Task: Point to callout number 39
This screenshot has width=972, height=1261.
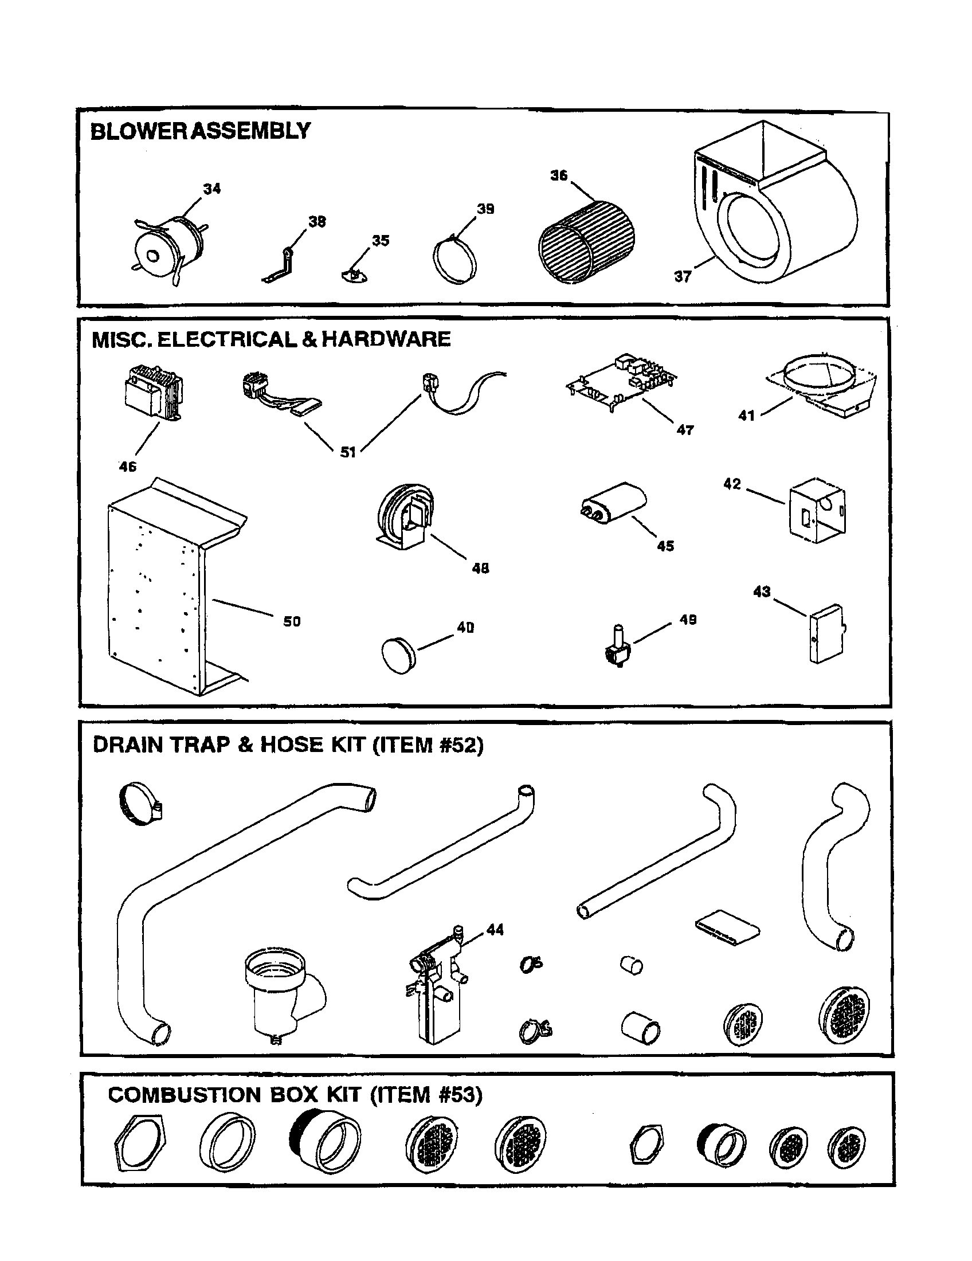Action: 485,209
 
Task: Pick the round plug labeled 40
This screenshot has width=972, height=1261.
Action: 398,655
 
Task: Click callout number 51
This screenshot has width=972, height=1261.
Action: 347,452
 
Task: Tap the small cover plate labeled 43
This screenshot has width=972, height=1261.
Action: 825,633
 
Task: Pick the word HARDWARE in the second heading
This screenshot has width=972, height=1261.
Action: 386,339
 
